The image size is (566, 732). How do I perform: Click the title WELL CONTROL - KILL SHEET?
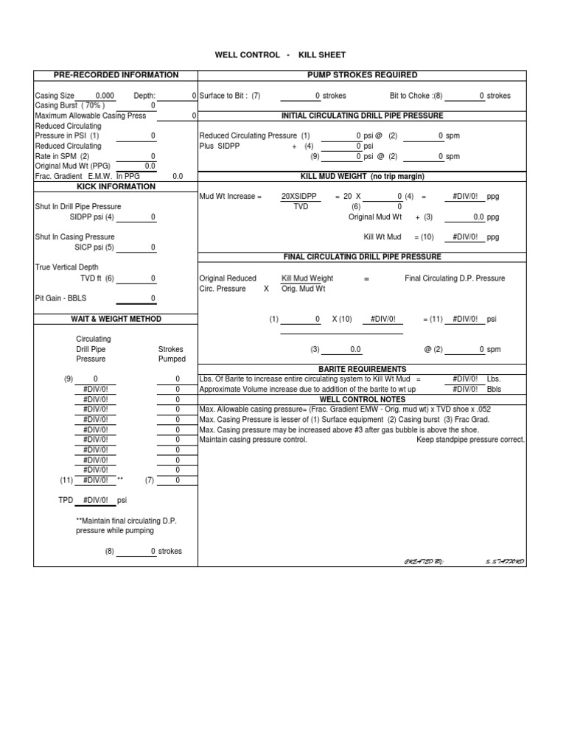pos(279,55)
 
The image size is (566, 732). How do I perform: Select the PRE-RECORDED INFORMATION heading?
pos(116,75)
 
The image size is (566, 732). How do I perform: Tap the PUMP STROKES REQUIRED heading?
pos(361,75)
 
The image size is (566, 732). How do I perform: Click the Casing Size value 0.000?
pos(105,96)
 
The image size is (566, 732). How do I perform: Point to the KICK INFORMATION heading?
pos(116,187)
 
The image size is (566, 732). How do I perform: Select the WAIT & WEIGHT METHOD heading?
pos(116,319)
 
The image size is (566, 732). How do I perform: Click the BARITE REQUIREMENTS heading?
pos(361,369)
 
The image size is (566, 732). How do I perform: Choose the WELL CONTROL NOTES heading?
pos(361,399)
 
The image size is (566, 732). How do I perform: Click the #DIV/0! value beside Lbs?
pos(465,379)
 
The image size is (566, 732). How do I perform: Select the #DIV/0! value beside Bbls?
pos(465,389)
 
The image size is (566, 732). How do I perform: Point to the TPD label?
pos(66,500)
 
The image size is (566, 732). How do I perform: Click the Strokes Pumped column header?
pos(172,354)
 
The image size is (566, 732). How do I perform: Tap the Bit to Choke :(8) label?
pos(416,96)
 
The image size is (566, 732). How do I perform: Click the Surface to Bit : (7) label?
pos(229,96)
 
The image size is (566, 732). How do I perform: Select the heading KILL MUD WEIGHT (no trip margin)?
pos(361,177)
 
